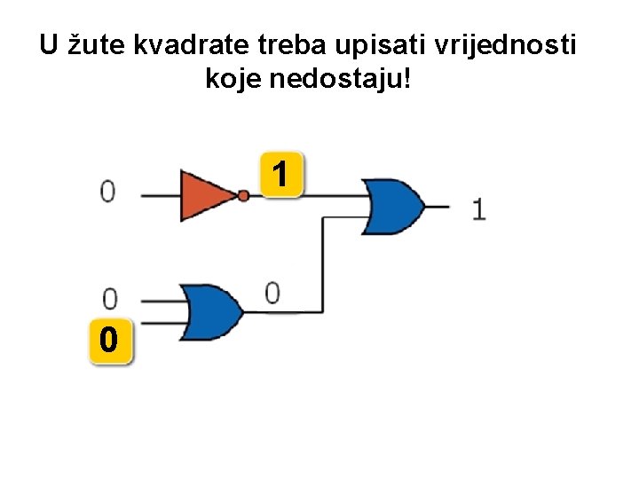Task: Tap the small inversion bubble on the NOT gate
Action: pos(244,195)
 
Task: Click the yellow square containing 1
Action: pos(281,174)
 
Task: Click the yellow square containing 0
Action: pos(109,340)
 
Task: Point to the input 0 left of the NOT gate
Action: pos(107,192)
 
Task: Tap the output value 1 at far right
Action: pos(478,209)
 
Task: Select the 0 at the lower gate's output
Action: pos(272,292)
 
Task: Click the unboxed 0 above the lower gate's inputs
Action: pos(109,297)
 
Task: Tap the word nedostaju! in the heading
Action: pos(351,81)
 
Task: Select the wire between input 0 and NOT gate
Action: pos(160,195)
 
